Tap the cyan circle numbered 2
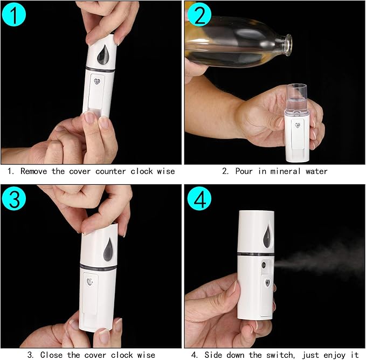click(x=198, y=15)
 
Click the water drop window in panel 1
click(x=102, y=54)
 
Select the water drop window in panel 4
click(x=266, y=235)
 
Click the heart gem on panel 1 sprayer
click(x=97, y=82)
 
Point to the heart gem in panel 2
click(x=296, y=126)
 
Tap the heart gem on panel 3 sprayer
click(x=88, y=281)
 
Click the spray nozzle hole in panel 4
click(x=263, y=266)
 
